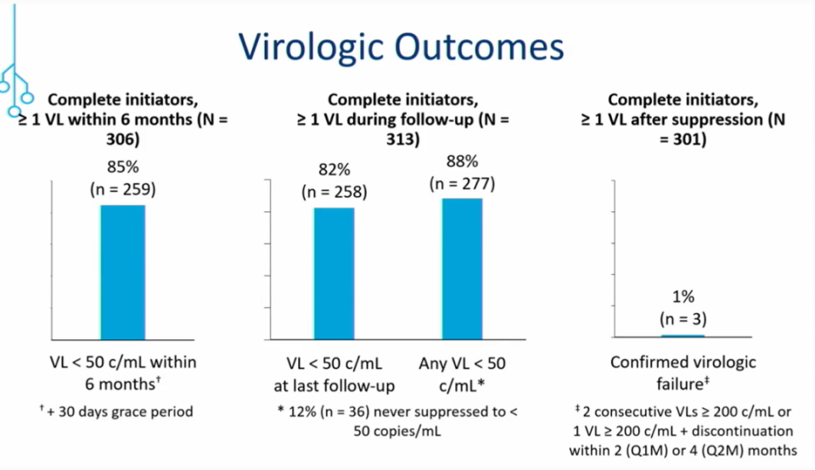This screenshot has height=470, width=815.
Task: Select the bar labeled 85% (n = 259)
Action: tap(123, 271)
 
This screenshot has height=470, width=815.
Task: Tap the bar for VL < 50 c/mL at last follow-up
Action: tap(334, 273)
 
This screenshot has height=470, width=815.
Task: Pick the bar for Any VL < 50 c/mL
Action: tap(462, 268)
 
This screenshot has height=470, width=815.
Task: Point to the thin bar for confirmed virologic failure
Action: tap(683, 336)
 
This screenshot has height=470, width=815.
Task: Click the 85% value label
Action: tap(123, 165)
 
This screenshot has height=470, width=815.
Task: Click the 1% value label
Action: tap(683, 298)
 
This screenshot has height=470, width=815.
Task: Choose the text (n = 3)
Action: tap(683, 319)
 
